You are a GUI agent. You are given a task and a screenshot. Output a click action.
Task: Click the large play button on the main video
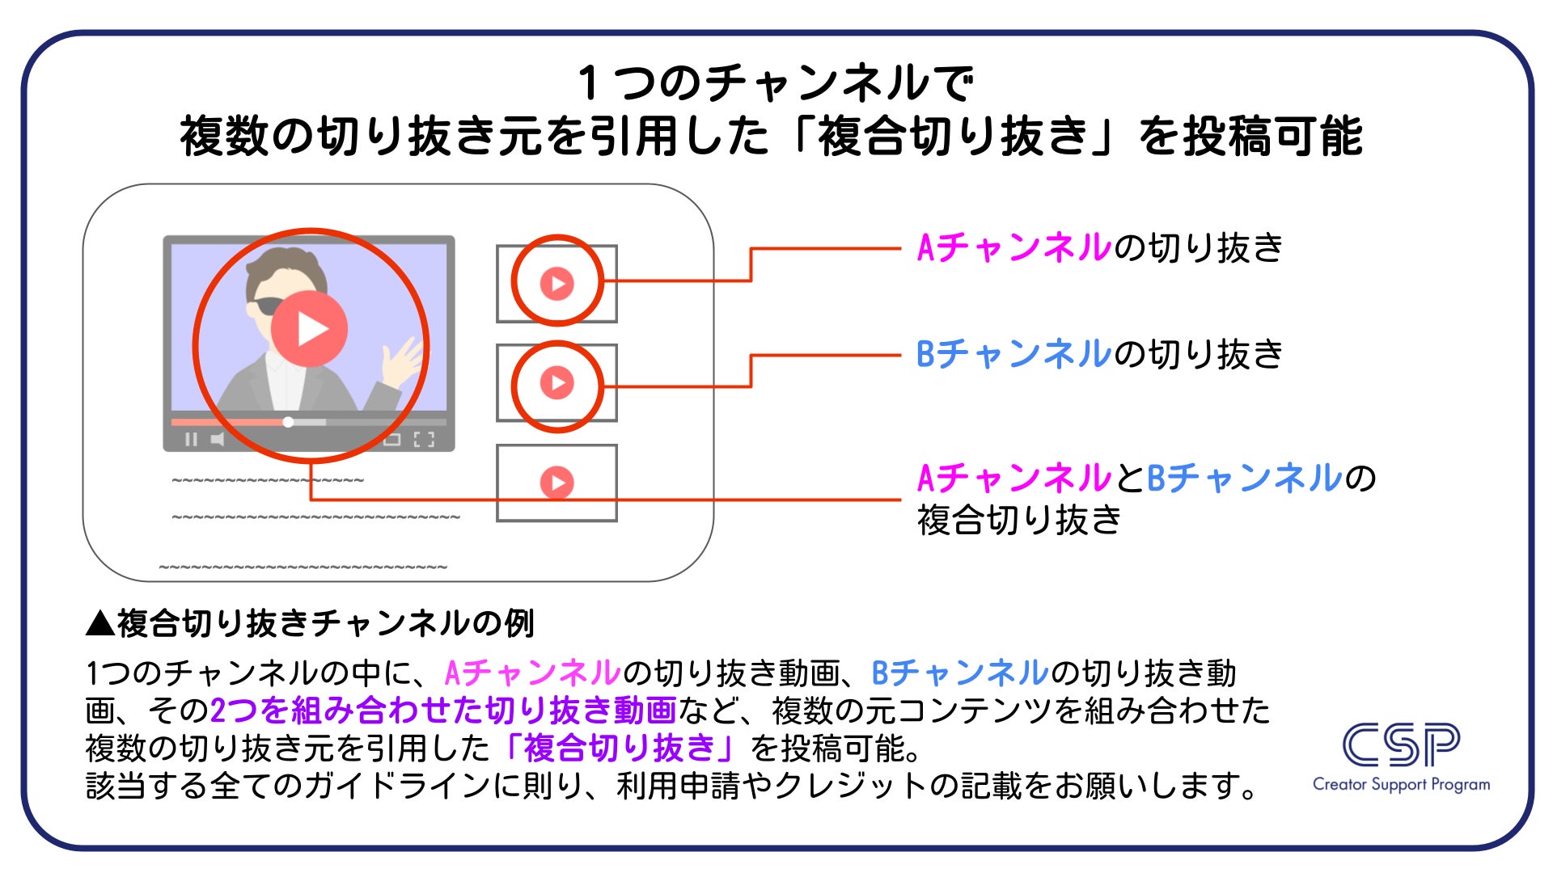click(309, 329)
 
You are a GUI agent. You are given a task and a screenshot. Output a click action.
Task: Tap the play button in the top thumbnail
click(556, 284)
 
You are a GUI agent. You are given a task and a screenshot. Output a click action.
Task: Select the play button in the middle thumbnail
click(556, 382)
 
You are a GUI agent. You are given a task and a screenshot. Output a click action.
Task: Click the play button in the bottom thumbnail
click(556, 483)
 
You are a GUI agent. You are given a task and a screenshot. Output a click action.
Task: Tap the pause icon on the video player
click(191, 440)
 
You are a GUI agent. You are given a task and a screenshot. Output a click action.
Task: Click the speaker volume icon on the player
click(217, 440)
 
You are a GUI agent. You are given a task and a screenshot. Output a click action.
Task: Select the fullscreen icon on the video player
click(424, 440)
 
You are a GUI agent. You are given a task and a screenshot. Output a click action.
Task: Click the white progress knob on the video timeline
click(288, 422)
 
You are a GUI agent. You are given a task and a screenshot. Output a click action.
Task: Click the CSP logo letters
click(1401, 745)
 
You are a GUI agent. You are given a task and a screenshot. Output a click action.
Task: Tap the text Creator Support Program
click(1401, 784)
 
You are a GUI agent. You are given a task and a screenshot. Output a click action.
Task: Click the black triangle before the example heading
click(100, 623)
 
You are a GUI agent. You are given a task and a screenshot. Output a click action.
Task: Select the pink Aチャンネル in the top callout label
click(1014, 247)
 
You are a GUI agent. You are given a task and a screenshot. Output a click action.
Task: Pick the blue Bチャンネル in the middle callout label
click(1014, 354)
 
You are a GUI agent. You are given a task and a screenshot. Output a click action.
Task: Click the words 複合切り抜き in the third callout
click(1019, 520)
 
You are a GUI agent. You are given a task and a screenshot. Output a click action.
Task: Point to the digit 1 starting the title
click(589, 83)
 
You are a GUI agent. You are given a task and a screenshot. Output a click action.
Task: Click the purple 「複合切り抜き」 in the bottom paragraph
click(620, 748)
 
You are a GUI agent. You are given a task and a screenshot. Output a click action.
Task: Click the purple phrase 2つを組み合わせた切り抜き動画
click(442, 711)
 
